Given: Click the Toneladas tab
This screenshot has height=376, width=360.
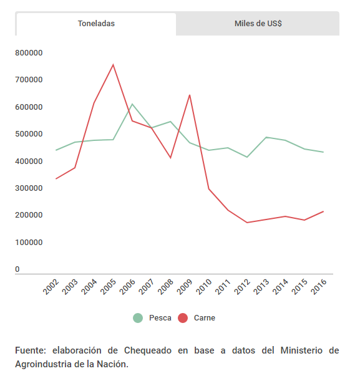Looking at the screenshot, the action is pyautogui.click(x=96, y=24).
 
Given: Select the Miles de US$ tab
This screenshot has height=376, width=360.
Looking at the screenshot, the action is pyautogui.click(x=258, y=24).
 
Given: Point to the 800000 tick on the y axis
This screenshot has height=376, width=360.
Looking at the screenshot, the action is pyautogui.click(x=29, y=53).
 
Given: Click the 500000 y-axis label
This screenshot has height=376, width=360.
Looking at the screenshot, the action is pyautogui.click(x=29, y=134).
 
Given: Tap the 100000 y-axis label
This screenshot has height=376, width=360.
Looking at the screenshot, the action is pyautogui.click(x=29, y=242).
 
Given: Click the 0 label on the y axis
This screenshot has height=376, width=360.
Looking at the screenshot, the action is pyautogui.click(x=17, y=269).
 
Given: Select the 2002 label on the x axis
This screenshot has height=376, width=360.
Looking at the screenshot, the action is pyautogui.click(x=51, y=287).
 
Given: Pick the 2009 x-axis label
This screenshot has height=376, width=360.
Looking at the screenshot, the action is pyautogui.click(x=185, y=287).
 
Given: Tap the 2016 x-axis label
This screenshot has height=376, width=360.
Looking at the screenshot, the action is pyautogui.click(x=318, y=287).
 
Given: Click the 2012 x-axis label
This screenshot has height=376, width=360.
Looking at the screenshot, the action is pyautogui.click(x=242, y=287).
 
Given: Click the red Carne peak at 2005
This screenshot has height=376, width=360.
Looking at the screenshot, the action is pyautogui.click(x=113, y=65).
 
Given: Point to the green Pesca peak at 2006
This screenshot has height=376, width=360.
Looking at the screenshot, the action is pyautogui.click(x=132, y=104).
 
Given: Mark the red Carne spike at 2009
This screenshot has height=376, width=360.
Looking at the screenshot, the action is pyautogui.click(x=190, y=95).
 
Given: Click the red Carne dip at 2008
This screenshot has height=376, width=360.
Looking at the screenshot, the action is pyautogui.click(x=170, y=158).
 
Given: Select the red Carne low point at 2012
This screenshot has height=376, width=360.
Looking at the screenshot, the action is pyautogui.click(x=247, y=223).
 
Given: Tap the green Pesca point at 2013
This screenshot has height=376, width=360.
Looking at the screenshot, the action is pyautogui.click(x=266, y=137).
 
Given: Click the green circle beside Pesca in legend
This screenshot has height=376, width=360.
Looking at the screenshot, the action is pyautogui.click(x=138, y=318).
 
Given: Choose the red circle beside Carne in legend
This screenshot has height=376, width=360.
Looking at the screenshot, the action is pyautogui.click(x=183, y=318).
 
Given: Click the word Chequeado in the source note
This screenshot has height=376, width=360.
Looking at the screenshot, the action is pyautogui.click(x=148, y=350).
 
